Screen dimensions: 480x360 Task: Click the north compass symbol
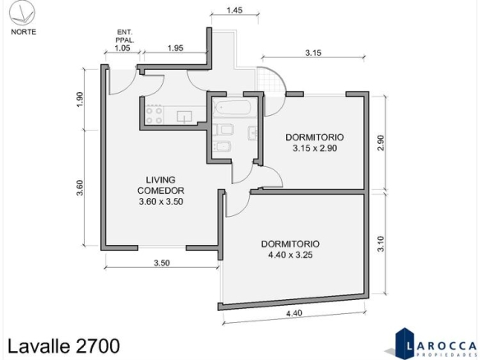tap(22, 13)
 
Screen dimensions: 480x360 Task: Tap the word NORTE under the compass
tap(24, 32)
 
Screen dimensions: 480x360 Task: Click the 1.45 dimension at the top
tap(235, 10)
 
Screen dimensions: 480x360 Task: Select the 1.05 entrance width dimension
tap(122, 48)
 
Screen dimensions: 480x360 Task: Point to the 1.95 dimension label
tap(175, 48)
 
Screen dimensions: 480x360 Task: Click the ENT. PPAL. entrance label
tap(125, 36)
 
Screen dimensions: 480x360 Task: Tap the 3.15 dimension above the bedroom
tap(313, 53)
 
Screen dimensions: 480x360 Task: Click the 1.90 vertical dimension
tap(81, 99)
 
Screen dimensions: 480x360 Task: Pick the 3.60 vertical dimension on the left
tap(80, 187)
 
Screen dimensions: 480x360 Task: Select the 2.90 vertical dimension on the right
tap(381, 143)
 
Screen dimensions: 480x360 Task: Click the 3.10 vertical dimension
tap(381, 243)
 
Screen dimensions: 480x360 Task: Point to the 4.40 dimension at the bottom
tap(294, 313)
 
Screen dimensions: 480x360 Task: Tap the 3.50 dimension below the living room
tap(162, 263)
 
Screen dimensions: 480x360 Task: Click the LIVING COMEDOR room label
tap(161, 191)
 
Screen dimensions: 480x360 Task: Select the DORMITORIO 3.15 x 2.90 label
tap(315, 143)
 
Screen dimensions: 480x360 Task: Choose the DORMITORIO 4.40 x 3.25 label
tap(290, 249)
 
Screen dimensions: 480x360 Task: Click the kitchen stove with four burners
tap(154, 114)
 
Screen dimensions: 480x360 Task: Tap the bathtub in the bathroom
tap(233, 108)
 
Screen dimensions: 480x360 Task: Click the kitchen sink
tap(184, 117)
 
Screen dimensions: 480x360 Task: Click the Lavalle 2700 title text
tap(63, 346)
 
